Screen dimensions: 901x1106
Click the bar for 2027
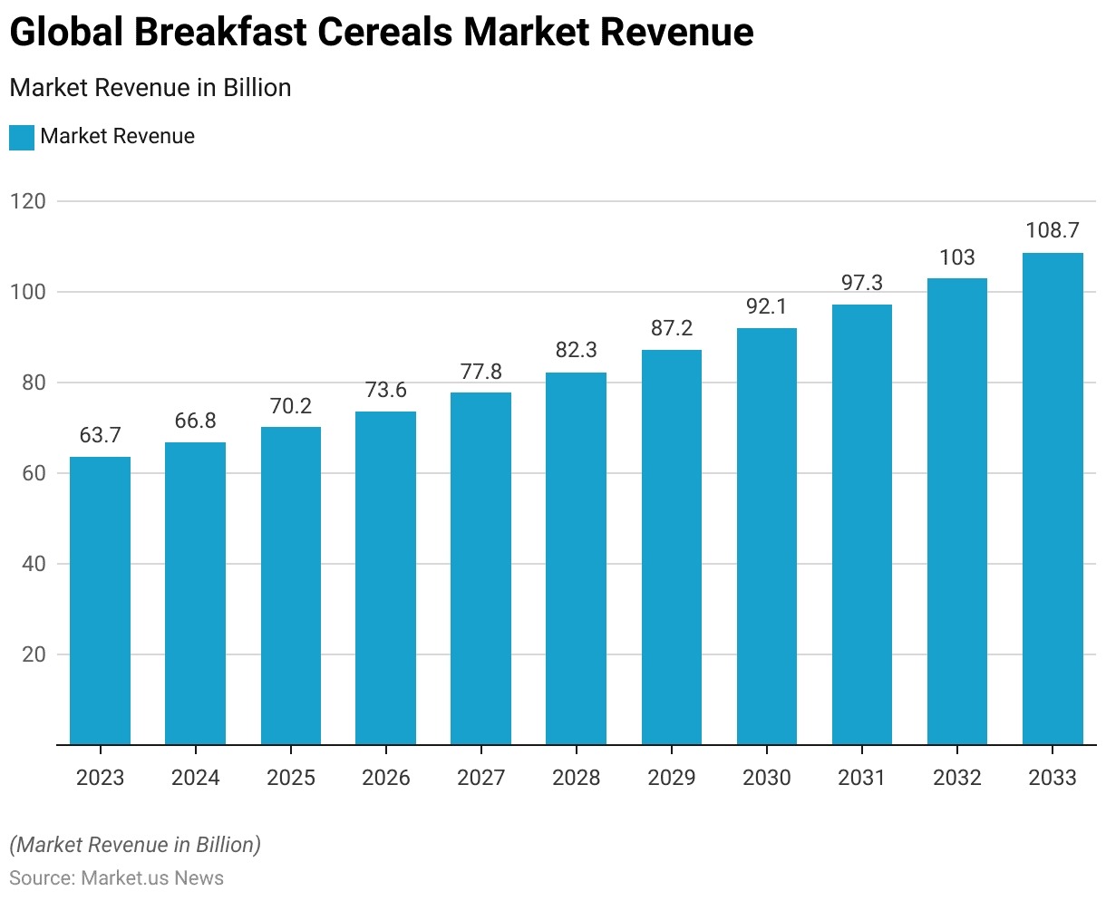tap(480, 568)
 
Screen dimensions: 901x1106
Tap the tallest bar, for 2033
tap(1053, 499)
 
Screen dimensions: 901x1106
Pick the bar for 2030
tap(767, 536)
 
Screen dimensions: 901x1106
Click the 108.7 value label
tap(1053, 230)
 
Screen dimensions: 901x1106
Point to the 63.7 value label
tap(100, 435)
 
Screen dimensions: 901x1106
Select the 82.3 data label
tap(576, 350)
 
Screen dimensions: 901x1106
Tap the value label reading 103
tap(957, 257)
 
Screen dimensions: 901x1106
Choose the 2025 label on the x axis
tap(290, 778)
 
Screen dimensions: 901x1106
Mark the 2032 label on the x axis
tap(957, 778)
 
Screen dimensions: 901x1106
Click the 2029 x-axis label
tap(672, 778)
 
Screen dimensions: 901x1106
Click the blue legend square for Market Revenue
tap(22, 137)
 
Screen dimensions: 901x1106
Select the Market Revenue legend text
tap(118, 137)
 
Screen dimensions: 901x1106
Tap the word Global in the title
tap(65, 33)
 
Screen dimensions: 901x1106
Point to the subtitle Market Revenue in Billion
tap(150, 88)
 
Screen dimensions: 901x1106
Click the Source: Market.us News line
tap(117, 877)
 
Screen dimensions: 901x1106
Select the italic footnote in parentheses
tap(135, 845)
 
